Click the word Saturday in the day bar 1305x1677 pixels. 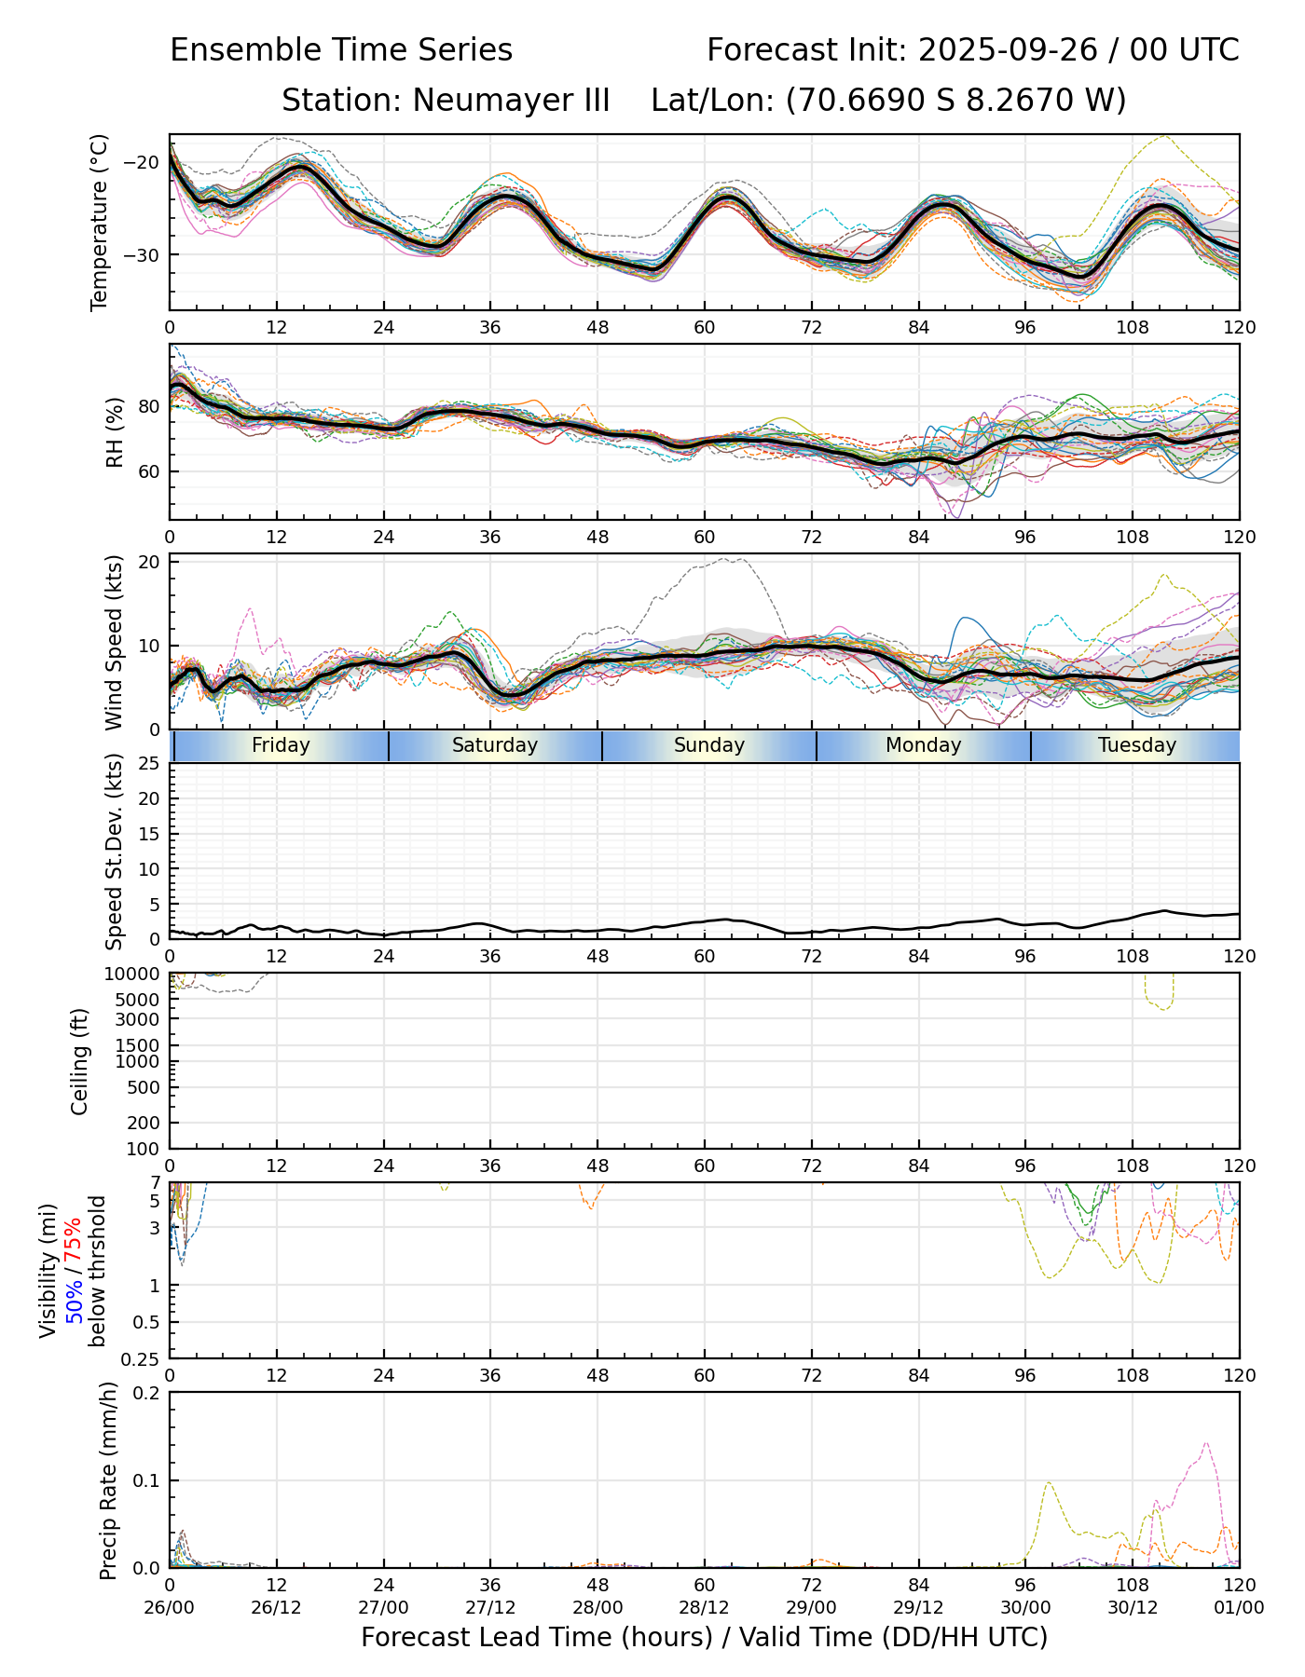(x=495, y=745)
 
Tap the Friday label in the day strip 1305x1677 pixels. (x=281, y=745)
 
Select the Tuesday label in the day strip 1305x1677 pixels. (x=1137, y=745)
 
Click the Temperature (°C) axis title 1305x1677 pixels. (x=100, y=222)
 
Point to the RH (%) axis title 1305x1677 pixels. (x=115, y=431)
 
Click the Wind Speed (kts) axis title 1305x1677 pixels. (x=115, y=642)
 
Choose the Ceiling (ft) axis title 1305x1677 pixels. (x=80, y=1061)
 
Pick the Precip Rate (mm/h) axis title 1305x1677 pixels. (x=108, y=1479)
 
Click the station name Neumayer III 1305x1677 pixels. (x=446, y=100)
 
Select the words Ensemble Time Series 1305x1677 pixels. (x=341, y=50)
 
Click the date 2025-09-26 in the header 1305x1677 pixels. (x=1005, y=50)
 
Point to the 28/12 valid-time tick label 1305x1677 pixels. (x=705, y=1607)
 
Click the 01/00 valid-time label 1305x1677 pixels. (x=1239, y=1607)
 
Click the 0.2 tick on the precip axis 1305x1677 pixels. (x=147, y=1393)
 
